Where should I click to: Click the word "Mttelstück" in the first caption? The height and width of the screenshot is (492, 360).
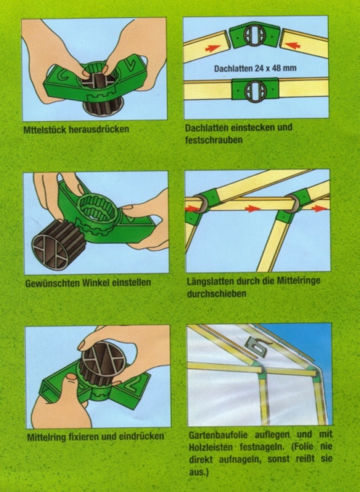click(x=44, y=130)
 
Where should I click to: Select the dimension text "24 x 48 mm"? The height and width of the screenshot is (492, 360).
click(x=276, y=68)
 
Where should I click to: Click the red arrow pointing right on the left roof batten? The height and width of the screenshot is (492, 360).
click(x=212, y=48)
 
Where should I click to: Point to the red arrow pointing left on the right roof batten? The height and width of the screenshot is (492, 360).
click(x=293, y=45)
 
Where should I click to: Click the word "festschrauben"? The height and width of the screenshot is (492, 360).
click(x=214, y=140)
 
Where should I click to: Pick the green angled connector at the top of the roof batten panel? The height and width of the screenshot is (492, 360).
click(x=255, y=37)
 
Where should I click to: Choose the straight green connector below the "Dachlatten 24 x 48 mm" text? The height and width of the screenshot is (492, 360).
click(x=255, y=90)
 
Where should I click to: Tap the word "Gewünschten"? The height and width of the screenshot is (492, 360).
click(x=52, y=283)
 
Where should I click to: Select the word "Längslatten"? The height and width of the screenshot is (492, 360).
click(x=210, y=281)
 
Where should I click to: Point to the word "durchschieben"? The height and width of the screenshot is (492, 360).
click(x=216, y=294)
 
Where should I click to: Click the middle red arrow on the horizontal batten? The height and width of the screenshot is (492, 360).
click(x=252, y=209)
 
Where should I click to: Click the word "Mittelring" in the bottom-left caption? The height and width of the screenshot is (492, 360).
click(x=46, y=437)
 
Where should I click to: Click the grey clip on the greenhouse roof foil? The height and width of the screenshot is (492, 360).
click(x=258, y=346)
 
